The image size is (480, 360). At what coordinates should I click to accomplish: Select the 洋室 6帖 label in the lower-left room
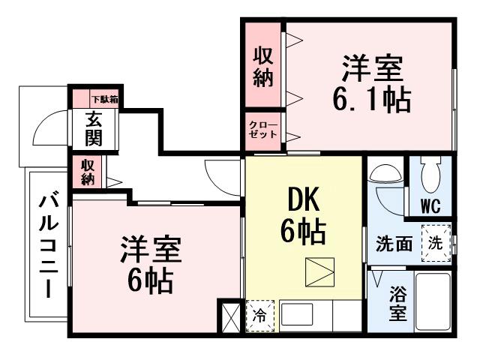click(151, 265)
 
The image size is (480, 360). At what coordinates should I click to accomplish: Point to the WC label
click(429, 205)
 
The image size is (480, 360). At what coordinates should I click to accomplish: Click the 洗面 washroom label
click(393, 243)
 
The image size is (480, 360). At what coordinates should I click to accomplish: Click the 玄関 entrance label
click(94, 129)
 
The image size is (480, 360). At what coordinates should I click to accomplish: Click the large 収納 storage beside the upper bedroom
click(262, 66)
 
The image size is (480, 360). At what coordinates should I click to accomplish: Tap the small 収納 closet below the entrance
click(88, 172)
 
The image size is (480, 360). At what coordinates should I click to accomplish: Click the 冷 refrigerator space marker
click(259, 316)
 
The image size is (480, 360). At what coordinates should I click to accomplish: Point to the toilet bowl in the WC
click(430, 176)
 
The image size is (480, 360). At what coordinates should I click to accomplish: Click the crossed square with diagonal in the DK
click(321, 271)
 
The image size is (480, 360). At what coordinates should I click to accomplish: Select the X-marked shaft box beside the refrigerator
click(229, 316)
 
